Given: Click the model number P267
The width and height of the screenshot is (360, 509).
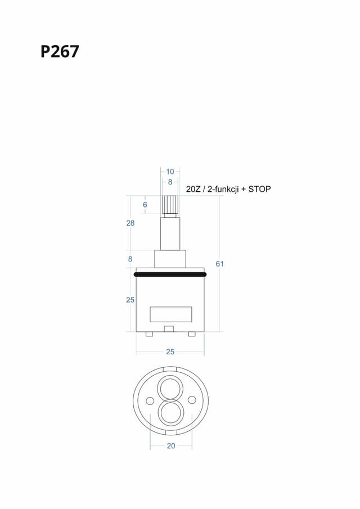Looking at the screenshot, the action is point(60,52).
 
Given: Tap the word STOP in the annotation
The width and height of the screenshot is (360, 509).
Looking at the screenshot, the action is point(259,189).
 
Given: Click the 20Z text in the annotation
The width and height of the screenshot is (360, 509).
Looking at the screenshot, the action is point(193,189).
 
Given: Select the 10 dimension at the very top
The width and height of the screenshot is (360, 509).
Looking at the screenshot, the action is point(170,172).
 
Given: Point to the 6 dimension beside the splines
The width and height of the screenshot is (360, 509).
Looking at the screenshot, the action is point(145,205).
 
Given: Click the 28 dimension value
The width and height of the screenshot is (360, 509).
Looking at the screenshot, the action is point(130,223).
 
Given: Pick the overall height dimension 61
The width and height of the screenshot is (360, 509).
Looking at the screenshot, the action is point(220,264).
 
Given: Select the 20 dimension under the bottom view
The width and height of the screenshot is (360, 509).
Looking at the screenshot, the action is point(171,446).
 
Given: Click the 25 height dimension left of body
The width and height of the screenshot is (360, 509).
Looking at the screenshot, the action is point(130,300).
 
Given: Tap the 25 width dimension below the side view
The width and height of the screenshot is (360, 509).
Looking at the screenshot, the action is point(170,352).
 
